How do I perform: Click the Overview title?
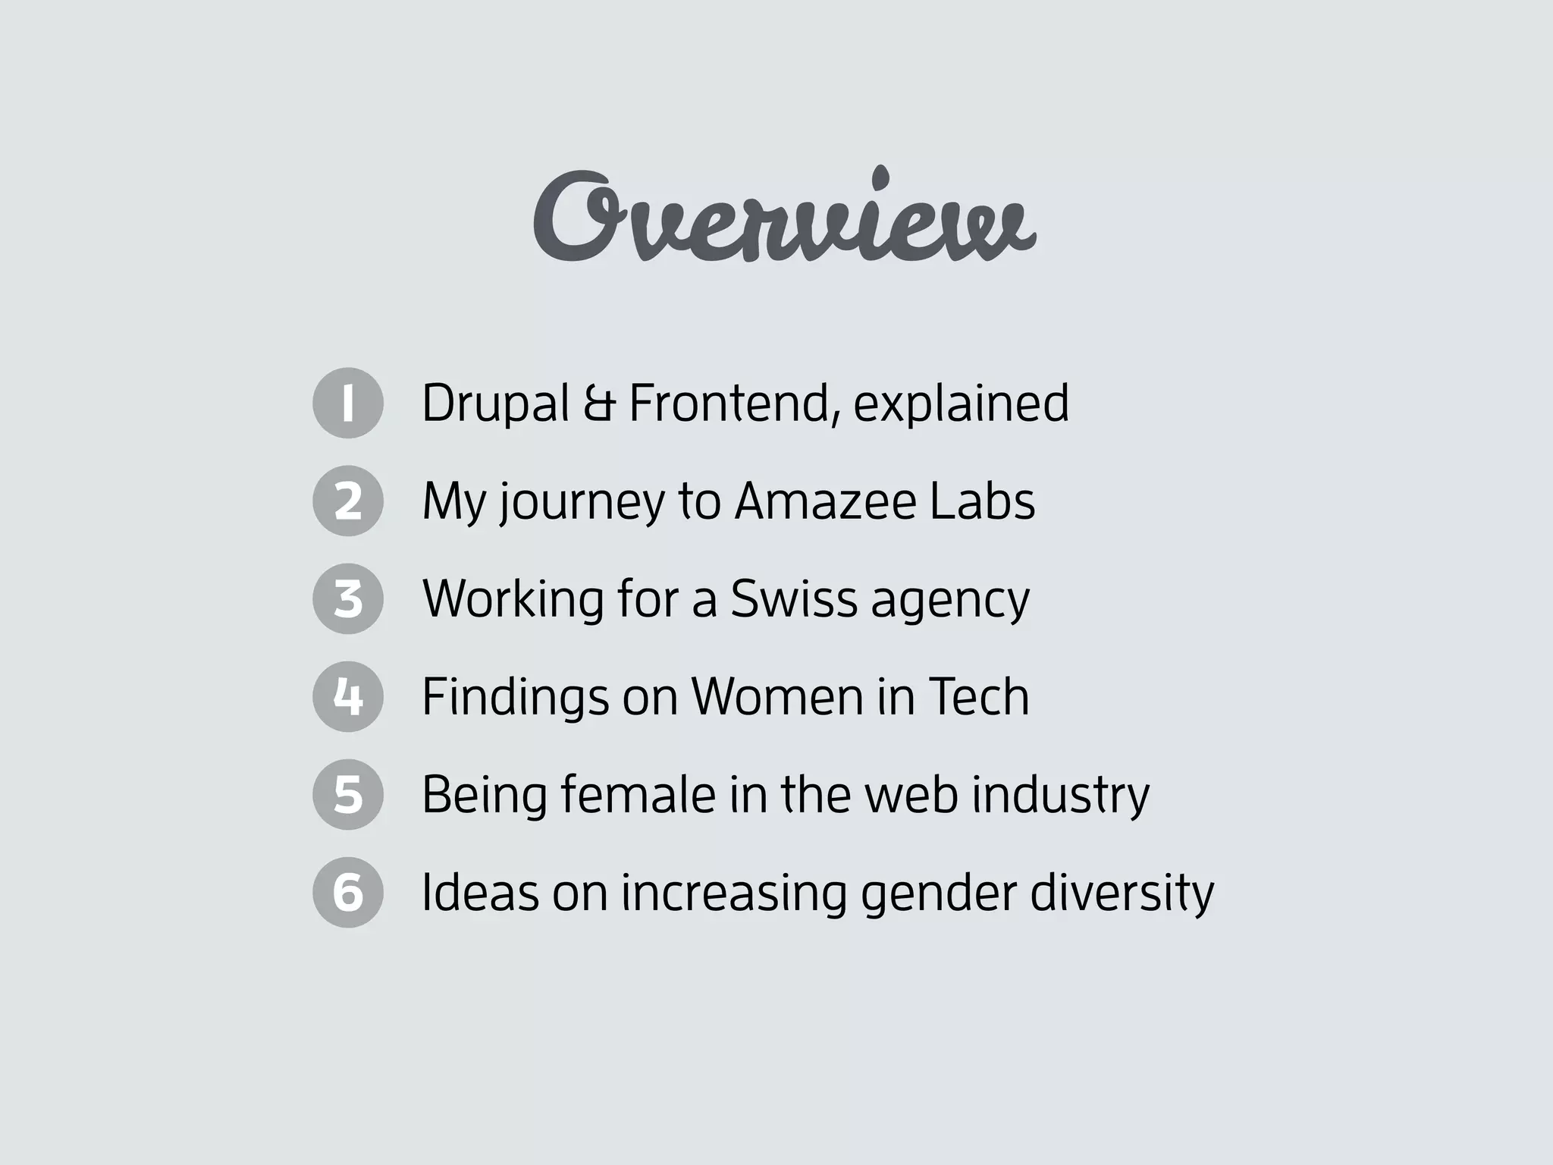pos(784,217)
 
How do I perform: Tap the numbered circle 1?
pos(348,403)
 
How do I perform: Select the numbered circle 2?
pos(348,501)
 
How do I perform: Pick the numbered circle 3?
pos(348,598)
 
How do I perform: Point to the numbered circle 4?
pos(348,696)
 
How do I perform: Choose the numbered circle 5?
pos(348,794)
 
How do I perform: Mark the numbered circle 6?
pos(348,892)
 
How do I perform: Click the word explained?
pos(961,403)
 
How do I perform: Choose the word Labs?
pos(982,501)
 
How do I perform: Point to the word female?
pos(638,794)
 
